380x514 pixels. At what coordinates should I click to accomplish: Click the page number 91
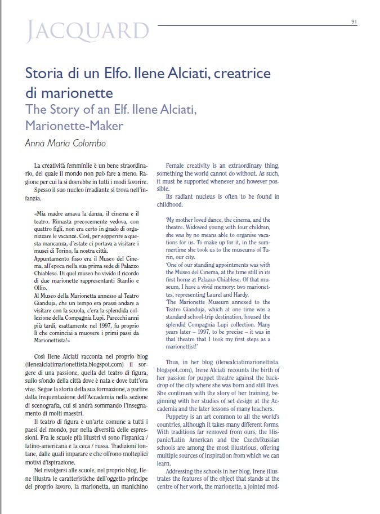click(x=354, y=22)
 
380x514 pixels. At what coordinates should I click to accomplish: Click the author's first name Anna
click(x=35, y=143)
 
